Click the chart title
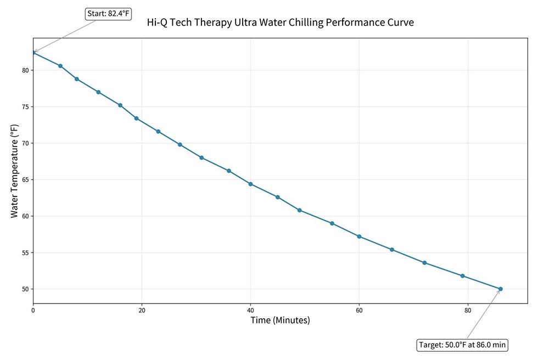coord(280,22)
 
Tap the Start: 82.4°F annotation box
coord(109,14)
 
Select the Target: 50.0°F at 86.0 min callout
coord(462,345)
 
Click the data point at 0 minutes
coord(33,53)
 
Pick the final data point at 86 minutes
coord(501,289)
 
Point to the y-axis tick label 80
coord(25,70)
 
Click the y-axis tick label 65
coord(25,179)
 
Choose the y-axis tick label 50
coord(25,289)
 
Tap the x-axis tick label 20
coord(142,311)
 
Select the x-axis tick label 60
coord(359,311)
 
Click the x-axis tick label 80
coord(468,311)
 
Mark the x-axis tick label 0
coord(33,311)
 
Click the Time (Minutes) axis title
coord(280,320)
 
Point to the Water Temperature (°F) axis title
coord(14,170)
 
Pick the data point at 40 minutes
coord(250,184)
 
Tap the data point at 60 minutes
coord(359,237)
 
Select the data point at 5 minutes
coord(60,66)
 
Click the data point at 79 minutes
coord(463,275)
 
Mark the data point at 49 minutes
coord(299,210)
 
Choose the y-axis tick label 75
coord(25,107)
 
